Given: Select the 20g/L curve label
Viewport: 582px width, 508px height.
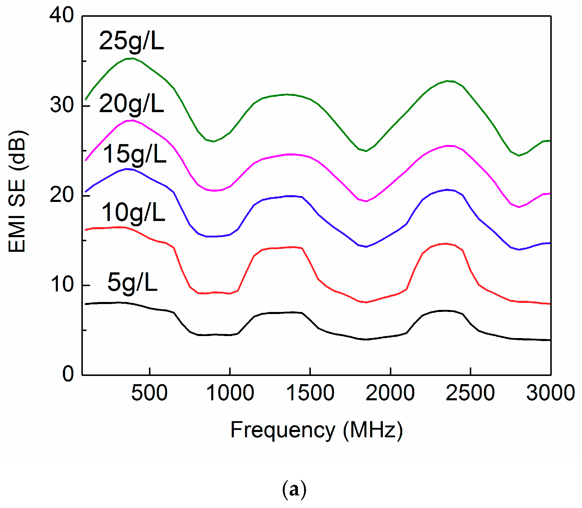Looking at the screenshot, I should point(131,104).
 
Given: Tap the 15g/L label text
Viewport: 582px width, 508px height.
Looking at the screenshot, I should point(135,154).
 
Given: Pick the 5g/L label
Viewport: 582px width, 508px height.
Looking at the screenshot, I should point(132,282).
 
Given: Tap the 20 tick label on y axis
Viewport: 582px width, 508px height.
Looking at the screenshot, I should point(61,195).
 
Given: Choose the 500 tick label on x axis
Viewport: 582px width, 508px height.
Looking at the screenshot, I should point(149,393).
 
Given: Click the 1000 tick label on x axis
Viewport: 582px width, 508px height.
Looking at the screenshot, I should point(230,393).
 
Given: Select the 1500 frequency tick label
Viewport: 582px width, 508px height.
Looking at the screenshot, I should point(310,393).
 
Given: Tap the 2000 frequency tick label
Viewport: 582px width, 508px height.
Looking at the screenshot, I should point(390,393).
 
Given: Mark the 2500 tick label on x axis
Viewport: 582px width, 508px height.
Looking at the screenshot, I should point(470,393).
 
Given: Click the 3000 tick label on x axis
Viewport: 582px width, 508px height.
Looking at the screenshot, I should point(551,393).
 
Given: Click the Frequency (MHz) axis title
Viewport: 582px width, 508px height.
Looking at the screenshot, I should point(316,430).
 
